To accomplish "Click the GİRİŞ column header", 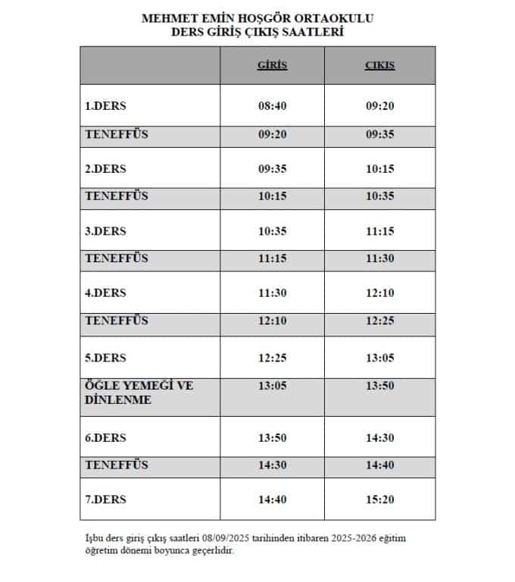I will pos(273,66).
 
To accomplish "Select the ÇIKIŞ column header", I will pos(379,66).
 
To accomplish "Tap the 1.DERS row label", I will pos(105,106).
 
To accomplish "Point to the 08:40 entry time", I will pos(273,106).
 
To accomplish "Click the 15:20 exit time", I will pos(379,499).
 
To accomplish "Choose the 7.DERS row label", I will pos(105,499).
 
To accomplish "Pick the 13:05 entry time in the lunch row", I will pos(273,386).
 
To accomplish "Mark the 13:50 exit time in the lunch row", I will pos(379,386).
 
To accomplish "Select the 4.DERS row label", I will pos(105,293).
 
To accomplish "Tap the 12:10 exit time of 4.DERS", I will pos(379,293).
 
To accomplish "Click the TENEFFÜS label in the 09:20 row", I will pos(117,134).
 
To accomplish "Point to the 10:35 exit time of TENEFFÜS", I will pos(379,196).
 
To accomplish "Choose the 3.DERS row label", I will pos(105,231).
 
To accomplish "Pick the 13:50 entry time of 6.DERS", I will pos(273,437).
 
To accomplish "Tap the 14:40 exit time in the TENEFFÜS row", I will pos(379,465).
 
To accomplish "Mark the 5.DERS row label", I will pos(105,357).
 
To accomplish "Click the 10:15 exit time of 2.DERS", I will pos(379,169).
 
